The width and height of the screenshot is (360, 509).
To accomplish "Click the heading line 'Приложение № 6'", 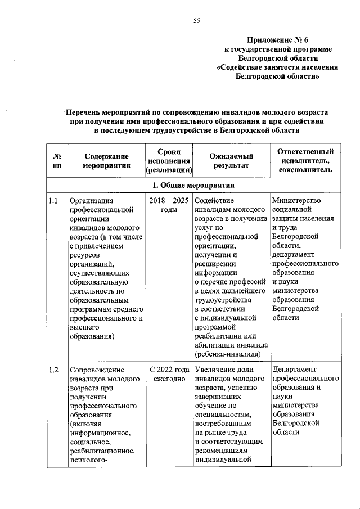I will pos(277,39).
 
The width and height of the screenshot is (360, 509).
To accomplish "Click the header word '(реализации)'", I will pos(169,170).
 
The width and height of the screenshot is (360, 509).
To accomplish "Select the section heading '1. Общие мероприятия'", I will pos(193,186).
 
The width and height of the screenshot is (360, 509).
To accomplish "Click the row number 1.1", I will pos(54,201).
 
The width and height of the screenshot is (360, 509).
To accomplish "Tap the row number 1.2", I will pos(54,370).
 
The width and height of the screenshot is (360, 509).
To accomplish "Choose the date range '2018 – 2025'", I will pos(169,201).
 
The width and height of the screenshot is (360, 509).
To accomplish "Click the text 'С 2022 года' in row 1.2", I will pos(169,370).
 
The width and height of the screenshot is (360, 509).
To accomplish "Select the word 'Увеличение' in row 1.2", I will pos(215,370).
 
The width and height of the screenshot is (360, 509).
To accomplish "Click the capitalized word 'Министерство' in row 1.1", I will pos(296,201).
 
